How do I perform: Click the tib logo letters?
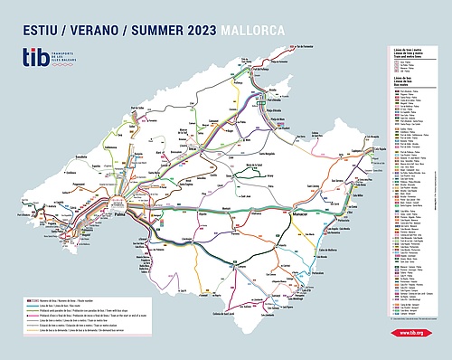(x=36, y=59)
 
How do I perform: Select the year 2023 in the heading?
(x=188, y=30)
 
